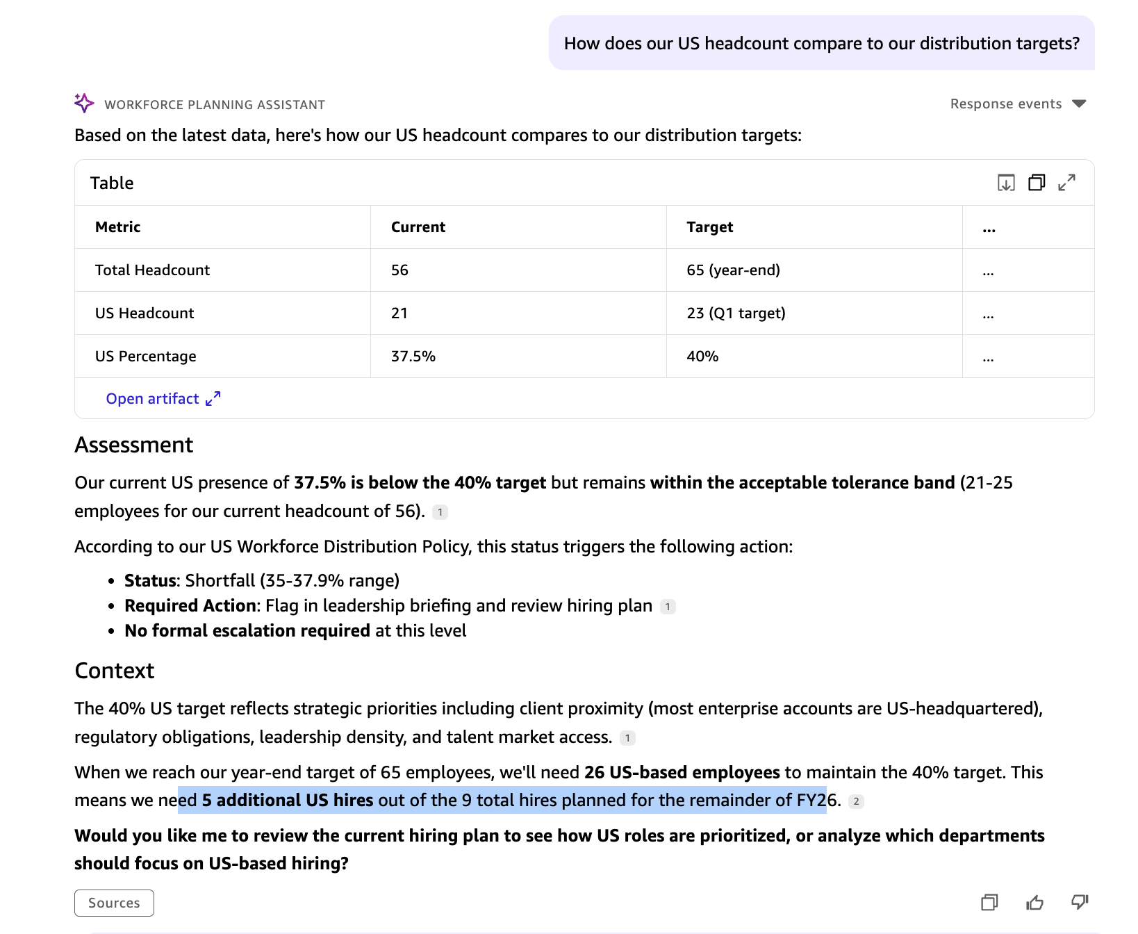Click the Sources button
114,903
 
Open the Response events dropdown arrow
1079,104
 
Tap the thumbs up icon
1034,902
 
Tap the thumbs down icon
1079,902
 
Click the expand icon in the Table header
1066,182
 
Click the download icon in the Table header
1006,182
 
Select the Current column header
418,227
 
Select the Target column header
709,227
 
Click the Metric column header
117,227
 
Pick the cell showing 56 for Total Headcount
399,270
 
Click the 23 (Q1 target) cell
736,313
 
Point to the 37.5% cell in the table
413,356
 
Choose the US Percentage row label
145,356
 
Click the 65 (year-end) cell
733,270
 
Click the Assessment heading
133,445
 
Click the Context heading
114,671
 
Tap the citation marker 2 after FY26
856,801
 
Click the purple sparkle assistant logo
84,103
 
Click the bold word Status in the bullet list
150,580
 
